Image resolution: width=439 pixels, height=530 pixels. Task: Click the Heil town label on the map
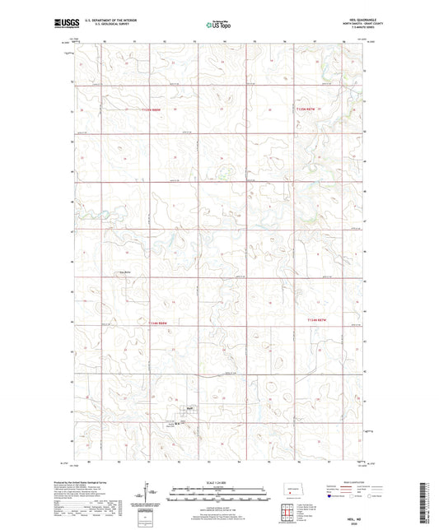click(x=189, y=406)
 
